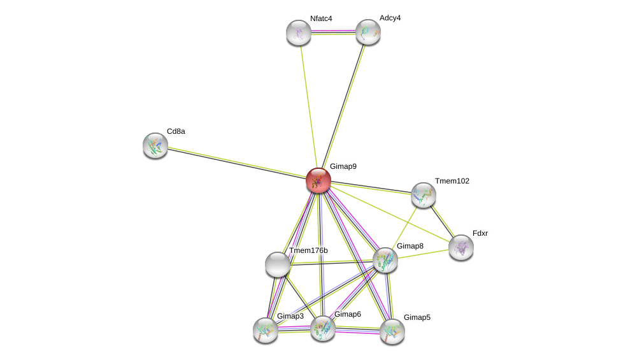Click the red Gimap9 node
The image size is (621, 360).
tap(318, 180)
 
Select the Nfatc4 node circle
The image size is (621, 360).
tap(298, 32)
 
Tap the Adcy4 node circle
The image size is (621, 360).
tap(368, 32)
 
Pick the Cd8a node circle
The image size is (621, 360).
tap(155, 145)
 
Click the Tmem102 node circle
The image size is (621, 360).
tap(423, 195)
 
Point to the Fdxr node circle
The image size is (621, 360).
tap(460, 247)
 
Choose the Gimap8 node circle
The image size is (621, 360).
tap(385, 260)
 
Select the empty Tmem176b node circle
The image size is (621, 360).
tap(277, 264)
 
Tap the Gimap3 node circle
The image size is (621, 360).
tap(265, 330)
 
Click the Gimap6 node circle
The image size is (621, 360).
tap(322, 328)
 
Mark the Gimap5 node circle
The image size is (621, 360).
tap(392, 331)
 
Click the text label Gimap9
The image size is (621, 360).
tap(343, 166)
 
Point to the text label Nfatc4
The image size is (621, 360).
tap(321, 18)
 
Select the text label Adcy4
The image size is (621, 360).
tap(390, 18)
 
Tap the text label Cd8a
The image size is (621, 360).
tap(176, 131)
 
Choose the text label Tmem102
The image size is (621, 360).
tap(452, 181)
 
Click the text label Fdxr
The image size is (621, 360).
tap(480, 233)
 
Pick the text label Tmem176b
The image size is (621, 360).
tap(308, 250)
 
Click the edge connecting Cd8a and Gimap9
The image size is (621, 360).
tap(236, 162)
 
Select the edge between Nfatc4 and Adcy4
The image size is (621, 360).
tap(332, 31)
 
